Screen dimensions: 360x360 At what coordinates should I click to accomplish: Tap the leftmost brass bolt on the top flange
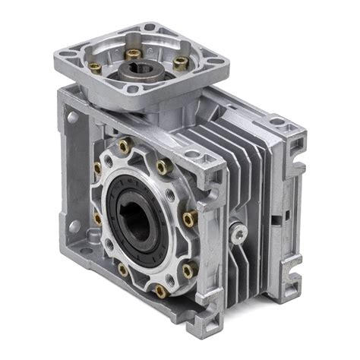pyautogui.click(x=96, y=67)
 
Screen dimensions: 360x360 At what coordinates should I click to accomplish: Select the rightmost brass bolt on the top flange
pyautogui.click(x=180, y=65)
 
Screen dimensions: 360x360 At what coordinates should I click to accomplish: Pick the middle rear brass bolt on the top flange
pyautogui.click(x=133, y=53)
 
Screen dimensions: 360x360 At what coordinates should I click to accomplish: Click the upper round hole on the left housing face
pyautogui.click(x=72, y=118)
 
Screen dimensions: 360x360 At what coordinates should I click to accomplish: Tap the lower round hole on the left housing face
pyautogui.click(x=73, y=226)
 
